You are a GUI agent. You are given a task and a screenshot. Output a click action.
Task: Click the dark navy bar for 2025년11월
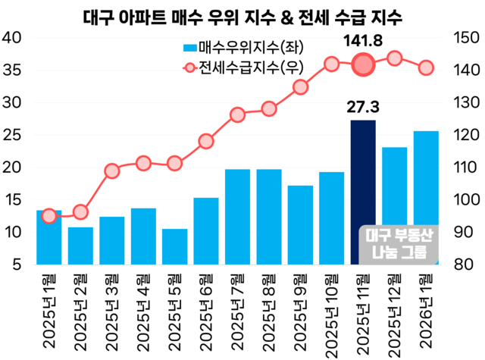(x=362, y=189)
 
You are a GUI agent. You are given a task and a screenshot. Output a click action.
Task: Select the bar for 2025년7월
(x=237, y=216)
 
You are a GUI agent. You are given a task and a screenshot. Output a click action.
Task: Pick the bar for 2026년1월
(x=426, y=197)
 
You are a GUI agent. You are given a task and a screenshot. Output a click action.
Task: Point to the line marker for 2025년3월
(x=112, y=171)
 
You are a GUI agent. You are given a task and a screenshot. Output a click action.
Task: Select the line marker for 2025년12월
(x=394, y=58)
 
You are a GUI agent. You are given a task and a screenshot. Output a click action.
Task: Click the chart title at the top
(x=242, y=15)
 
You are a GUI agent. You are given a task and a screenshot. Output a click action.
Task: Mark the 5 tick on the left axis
(x=16, y=265)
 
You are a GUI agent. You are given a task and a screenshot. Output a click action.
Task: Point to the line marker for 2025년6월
(x=206, y=141)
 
